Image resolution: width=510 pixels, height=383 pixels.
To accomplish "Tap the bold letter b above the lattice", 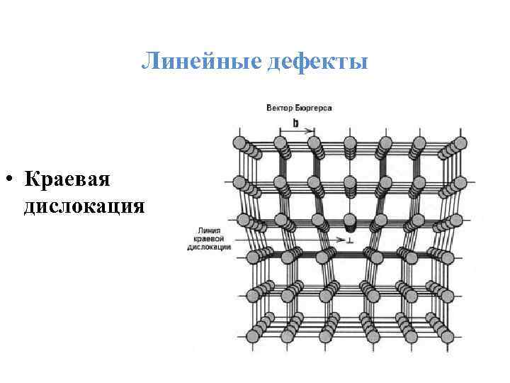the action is tap(295, 122).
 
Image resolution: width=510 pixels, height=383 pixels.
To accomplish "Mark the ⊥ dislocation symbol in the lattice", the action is tap(348, 241).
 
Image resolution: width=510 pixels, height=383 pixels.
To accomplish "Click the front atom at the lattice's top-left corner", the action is tap(239, 143).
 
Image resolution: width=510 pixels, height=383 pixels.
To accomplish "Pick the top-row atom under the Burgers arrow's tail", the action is tap(279, 144).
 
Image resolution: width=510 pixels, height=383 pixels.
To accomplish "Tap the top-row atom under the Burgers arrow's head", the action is tap(313, 144).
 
